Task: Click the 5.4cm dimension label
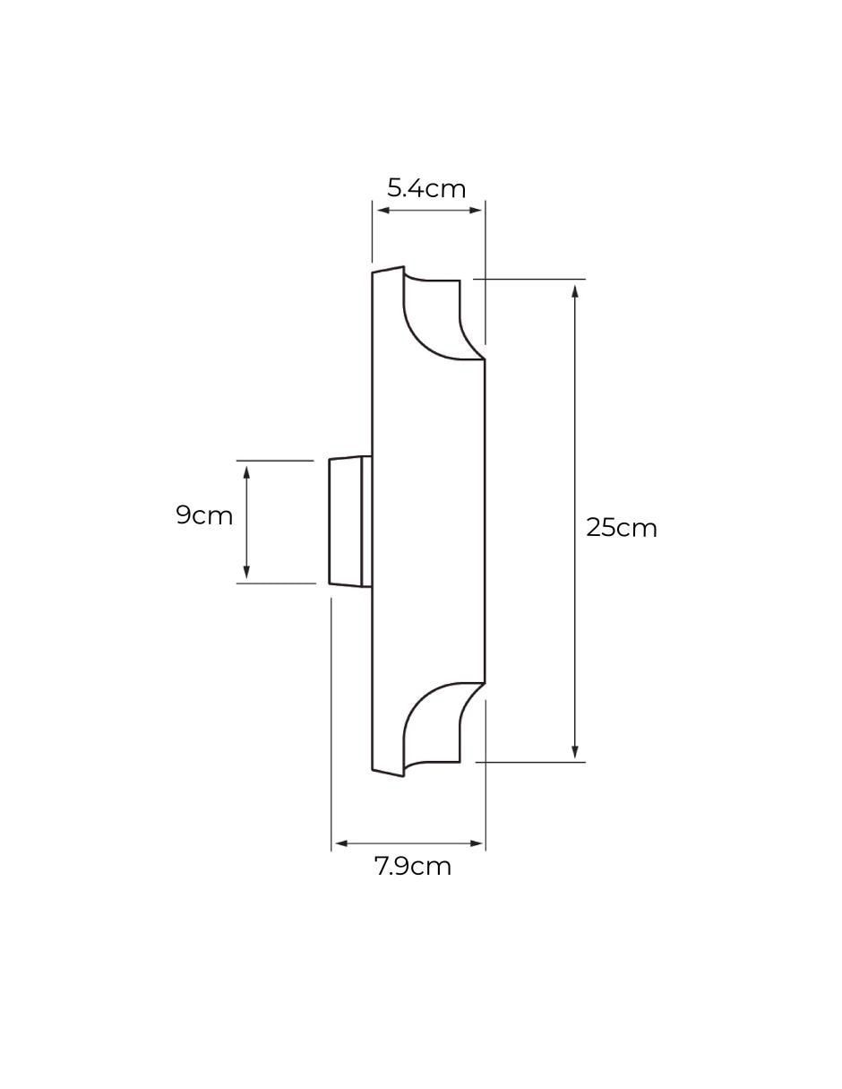click(x=426, y=189)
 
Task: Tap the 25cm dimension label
click(x=622, y=528)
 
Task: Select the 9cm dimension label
click(x=204, y=515)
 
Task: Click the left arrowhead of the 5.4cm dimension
click(x=382, y=211)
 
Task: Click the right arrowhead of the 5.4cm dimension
click(x=476, y=211)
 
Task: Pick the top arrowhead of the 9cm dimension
click(x=245, y=472)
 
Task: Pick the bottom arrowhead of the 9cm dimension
click(x=245, y=571)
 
